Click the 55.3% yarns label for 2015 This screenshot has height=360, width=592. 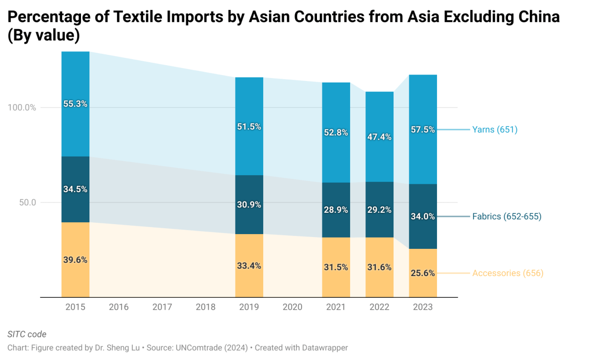pos(75,104)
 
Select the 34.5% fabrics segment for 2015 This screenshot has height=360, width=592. pos(75,189)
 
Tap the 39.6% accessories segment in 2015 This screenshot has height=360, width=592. pos(75,260)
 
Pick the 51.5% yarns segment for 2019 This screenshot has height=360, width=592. pos(249,126)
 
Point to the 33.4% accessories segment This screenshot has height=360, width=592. pos(249,266)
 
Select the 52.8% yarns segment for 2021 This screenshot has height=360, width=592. pos(336,132)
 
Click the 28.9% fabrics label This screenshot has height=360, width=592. pos(336,210)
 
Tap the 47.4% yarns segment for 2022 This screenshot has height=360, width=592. pos(379,137)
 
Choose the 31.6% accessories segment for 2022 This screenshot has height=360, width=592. pos(379,267)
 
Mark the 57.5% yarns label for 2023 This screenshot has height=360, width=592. pos(423,130)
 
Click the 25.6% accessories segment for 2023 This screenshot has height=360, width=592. pos(423,273)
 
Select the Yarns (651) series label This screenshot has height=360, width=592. pos(495,130)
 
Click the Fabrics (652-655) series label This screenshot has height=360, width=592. pos(507,216)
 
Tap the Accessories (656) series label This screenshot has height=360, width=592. pos(508,273)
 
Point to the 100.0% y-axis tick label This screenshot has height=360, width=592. pos(22,108)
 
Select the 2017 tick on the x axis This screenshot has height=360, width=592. pos(162,307)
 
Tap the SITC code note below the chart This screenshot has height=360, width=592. pos(27,334)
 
